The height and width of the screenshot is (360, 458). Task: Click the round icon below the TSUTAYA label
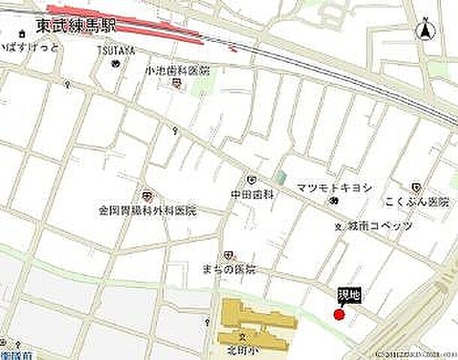pyautogui.click(x=115, y=63)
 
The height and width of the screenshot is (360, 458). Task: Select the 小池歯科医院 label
pyautogui.click(x=178, y=70)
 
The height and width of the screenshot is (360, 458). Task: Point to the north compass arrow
pyautogui.click(x=425, y=30)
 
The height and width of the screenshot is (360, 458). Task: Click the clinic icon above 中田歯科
pyautogui.click(x=251, y=180)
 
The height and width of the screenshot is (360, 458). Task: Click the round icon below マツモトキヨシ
pyautogui.click(x=333, y=201)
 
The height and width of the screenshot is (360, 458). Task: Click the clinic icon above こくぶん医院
pyautogui.click(x=416, y=187)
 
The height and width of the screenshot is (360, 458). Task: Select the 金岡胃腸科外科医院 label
pyautogui.click(x=147, y=211)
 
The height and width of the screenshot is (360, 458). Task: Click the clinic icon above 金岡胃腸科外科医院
pyautogui.click(x=148, y=195)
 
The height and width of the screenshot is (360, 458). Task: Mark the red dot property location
pyautogui.click(x=339, y=315)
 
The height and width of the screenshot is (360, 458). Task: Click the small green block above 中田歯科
pyautogui.click(x=280, y=178)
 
